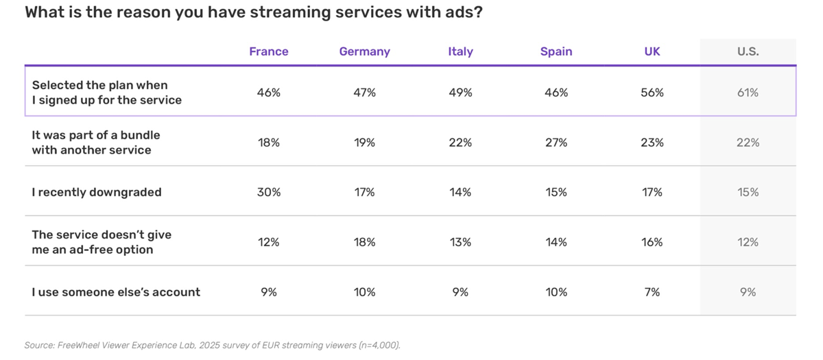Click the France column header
pyautogui.click(x=269, y=51)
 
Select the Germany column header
pyautogui.click(x=364, y=51)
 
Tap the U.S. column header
pyautogui.click(x=748, y=51)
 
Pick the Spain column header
pyautogui.click(x=556, y=51)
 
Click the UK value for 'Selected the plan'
pyautogui.click(x=652, y=93)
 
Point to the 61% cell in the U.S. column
pyautogui.click(x=748, y=93)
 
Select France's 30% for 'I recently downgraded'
pyautogui.click(x=269, y=192)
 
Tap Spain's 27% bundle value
pyautogui.click(x=556, y=143)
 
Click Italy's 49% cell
pyautogui.click(x=460, y=93)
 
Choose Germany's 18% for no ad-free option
pyautogui.click(x=364, y=242)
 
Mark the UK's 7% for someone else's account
pyautogui.click(x=652, y=292)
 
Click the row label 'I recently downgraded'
pyautogui.click(x=97, y=192)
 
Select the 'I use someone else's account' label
pyautogui.click(x=116, y=292)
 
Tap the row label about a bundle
pyautogui.click(x=96, y=143)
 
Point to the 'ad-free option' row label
pyautogui.click(x=102, y=242)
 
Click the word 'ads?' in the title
pyautogui.click(x=463, y=13)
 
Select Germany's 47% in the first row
pyautogui.click(x=364, y=93)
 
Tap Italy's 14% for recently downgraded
pyautogui.click(x=460, y=192)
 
